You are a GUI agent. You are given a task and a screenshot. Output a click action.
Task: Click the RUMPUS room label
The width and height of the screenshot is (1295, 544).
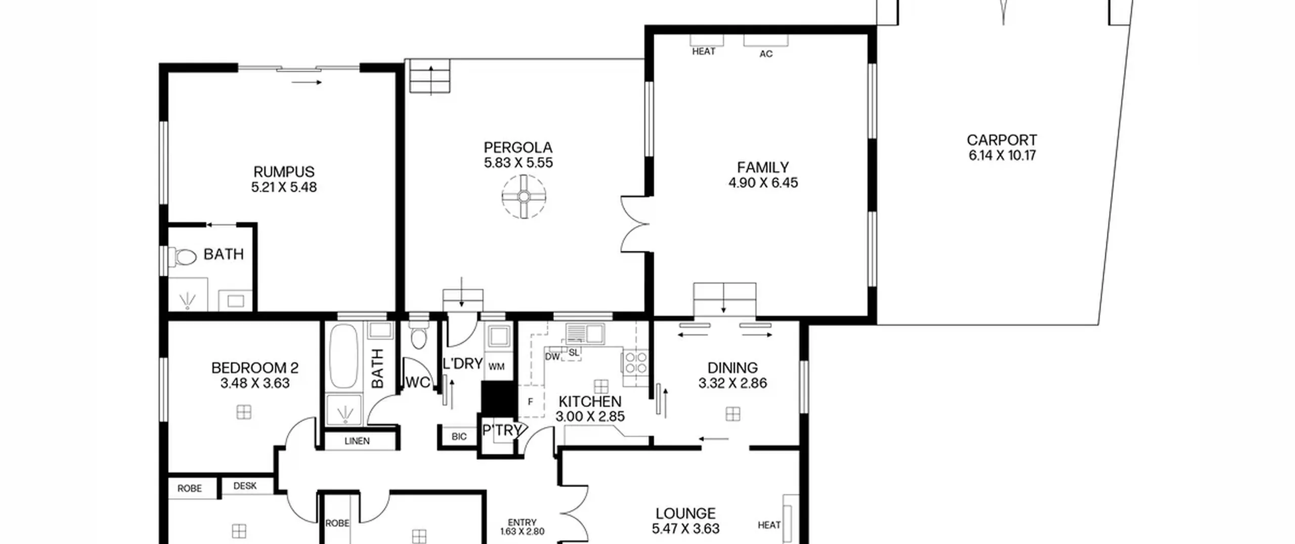coord(284,172)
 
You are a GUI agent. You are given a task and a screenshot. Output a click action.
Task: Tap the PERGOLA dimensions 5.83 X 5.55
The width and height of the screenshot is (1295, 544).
coord(518,163)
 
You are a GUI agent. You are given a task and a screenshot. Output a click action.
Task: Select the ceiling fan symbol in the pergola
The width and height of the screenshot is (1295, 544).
coord(524,196)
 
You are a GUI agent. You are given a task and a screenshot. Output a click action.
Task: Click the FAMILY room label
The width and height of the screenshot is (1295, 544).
coord(762,167)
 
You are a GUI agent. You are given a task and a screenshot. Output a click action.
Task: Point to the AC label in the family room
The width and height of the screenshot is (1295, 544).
coord(766,54)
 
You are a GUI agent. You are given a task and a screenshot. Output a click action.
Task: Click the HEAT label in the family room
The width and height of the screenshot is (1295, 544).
coord(704,51)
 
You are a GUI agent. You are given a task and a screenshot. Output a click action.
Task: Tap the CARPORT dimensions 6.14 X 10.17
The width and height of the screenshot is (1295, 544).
coord(1002,155)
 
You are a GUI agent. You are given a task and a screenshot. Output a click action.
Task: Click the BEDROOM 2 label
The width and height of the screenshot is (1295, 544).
coord(255,368)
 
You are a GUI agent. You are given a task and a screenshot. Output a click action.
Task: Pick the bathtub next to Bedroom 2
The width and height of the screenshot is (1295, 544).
coord(344,357)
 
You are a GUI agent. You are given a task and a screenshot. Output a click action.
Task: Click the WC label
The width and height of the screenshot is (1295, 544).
coord(418,383)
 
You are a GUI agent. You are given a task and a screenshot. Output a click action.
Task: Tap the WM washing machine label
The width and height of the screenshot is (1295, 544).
coord(497,367)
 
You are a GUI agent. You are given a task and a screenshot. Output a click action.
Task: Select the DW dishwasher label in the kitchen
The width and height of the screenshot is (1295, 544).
coord(552,356)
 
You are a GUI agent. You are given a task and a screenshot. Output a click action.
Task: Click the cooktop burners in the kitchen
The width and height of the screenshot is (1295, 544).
coord(635,362)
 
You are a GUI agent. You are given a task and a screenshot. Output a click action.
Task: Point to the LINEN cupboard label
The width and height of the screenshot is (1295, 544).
coord(357,441)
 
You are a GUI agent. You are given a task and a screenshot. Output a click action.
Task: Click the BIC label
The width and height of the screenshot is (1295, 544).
coord(459,436)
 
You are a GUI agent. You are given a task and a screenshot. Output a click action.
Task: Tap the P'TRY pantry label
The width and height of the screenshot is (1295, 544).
coord(502,430)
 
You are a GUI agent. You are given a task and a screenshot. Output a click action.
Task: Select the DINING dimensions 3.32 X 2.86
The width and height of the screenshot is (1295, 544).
coord(732,383)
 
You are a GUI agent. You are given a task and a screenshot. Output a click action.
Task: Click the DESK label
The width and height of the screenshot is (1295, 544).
coord(245,486)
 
